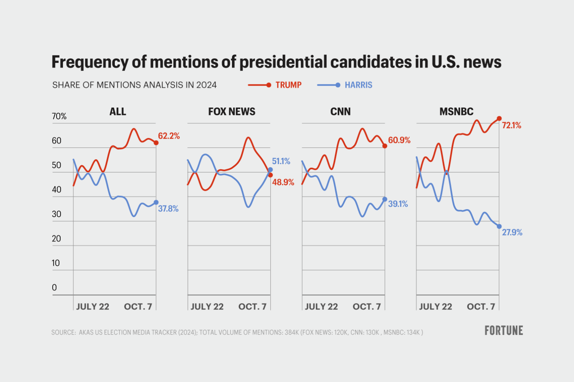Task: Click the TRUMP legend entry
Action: (288, 85)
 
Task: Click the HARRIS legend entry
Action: (358, 85)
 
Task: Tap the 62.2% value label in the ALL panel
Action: (169, 136)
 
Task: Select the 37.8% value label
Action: (168, 209)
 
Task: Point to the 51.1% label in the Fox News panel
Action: (281, 161)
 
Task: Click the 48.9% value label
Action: (283, 182)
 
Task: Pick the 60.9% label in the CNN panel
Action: (399, 140)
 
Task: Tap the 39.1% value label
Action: (398, 204)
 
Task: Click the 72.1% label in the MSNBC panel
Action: (511, 125)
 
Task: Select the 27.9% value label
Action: (512, 232)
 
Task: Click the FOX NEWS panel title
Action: (232, 112)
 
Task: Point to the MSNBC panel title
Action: (456, 112)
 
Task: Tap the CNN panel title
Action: (340, 112)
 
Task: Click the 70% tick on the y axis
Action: (59, 116)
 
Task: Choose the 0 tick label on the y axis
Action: (55, 288)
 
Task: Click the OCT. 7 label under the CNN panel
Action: (367, 307)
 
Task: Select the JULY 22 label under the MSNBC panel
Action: (435, 307)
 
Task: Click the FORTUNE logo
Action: (504, 331)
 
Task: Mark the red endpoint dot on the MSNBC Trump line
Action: (499, 119)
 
